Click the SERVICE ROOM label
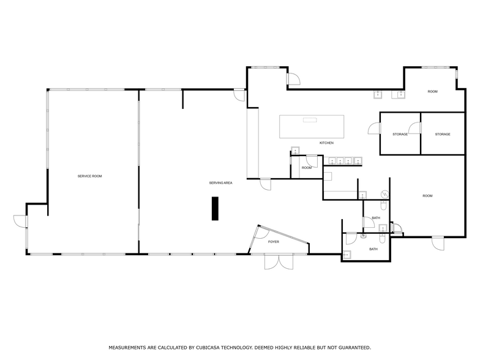[x=89, y=176]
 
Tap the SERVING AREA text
[x=220, y=182]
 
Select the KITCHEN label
[x=327, y=143]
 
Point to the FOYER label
[x=273, y=242]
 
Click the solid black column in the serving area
[x=216, y=208]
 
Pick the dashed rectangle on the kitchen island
[x=310, y=120]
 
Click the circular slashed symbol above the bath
[x=384, y=193]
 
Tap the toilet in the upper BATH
[x=383, y=204]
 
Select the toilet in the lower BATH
[x=383, y=239]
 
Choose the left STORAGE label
[x=400, y=135]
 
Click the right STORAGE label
[x=443, y=134]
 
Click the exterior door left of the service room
[x=21, y=222]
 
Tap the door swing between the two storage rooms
[x=415, y=127]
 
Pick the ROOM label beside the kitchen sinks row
[x=306, y=168]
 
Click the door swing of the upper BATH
[x=369, y=222]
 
